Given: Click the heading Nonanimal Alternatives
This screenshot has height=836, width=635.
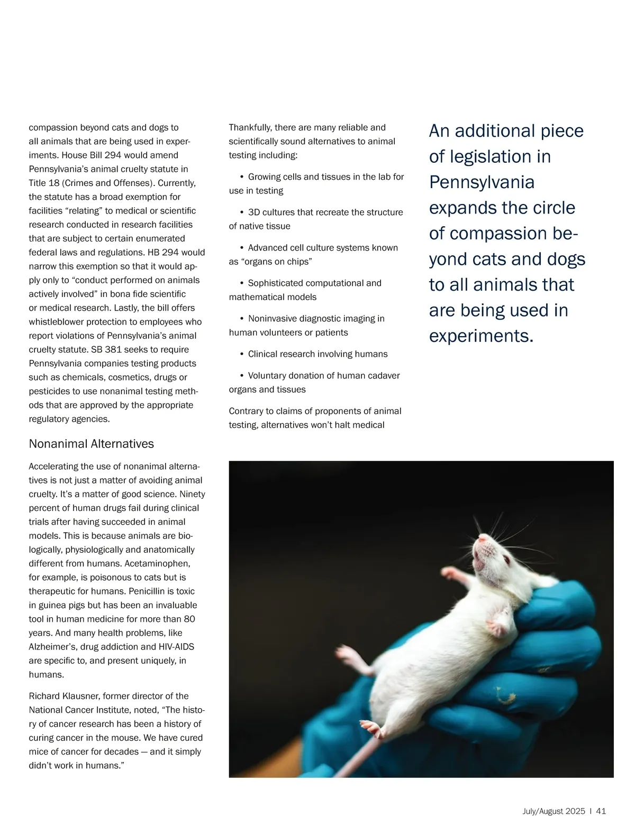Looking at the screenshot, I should click(91, 444).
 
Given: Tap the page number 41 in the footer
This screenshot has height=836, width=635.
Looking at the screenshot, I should click(601, 811).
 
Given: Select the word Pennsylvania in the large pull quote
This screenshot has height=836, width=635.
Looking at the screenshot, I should click(482, 182).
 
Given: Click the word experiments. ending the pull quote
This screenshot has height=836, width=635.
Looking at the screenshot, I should click(481, 336).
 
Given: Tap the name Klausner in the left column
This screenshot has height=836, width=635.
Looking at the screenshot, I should click(81, 696).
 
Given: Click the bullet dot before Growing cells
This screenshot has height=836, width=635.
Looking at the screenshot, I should click(241, 177).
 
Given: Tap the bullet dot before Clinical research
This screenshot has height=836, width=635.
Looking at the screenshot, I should click(241, 354).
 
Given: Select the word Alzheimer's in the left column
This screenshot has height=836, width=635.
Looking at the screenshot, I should click(53, 647).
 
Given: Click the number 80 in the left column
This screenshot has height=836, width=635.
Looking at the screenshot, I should click(189, 619).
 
